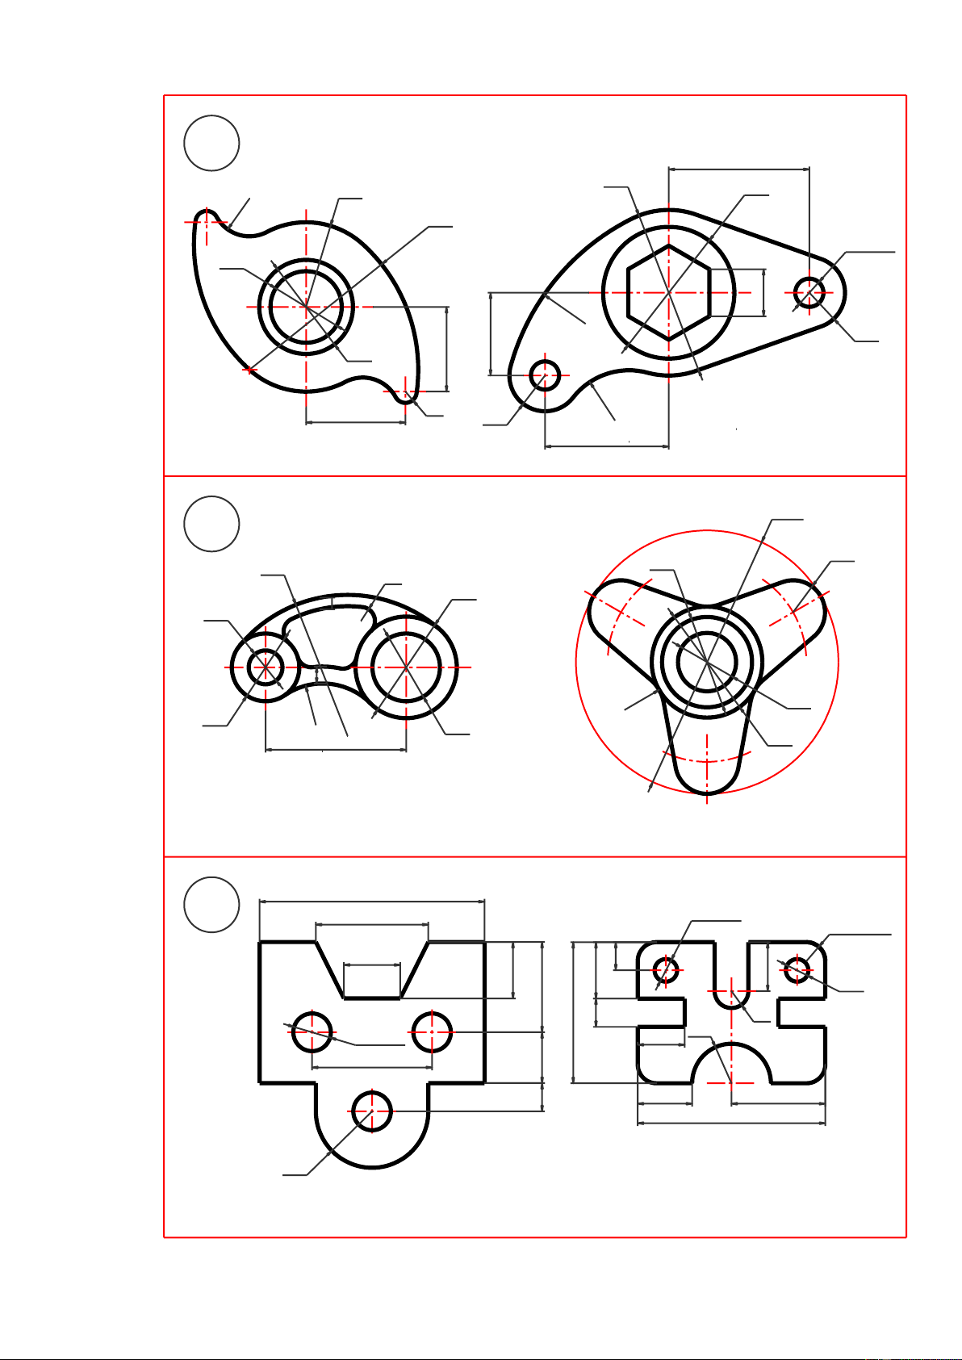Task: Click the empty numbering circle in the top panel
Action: coord(211,143)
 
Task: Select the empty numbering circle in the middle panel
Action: coord(211,524)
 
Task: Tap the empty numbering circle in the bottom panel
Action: coord(211,904)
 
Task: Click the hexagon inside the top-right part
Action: coord(668,291)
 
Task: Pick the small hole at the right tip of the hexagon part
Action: coord(809,291)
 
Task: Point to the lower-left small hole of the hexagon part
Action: coord(546,375)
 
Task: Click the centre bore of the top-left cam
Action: coord(306,307)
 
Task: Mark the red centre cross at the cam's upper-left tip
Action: coord(207,220)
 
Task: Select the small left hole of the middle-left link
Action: coord(265,667)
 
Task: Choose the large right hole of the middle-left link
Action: coord(406,667)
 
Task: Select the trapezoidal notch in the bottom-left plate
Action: coord(372,969)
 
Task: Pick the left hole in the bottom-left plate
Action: coord(312,1032)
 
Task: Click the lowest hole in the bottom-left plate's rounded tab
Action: coord(371,1111)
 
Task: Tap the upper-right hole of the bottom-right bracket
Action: coord(797,969)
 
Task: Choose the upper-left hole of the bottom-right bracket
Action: coord(666,969)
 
